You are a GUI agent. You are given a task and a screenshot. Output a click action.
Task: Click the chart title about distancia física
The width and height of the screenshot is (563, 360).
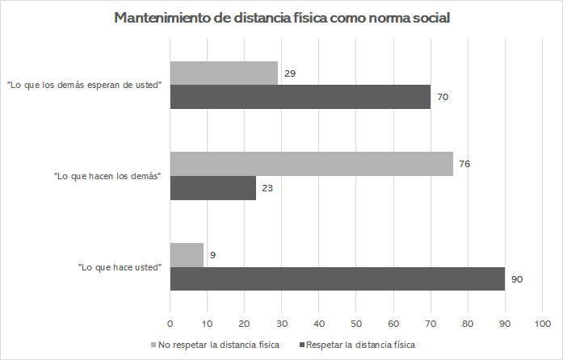pos(281,19)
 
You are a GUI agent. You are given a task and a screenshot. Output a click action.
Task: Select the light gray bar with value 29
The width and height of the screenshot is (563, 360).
pos(224,73)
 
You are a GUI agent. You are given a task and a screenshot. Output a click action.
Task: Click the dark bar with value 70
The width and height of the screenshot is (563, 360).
pos(300,97)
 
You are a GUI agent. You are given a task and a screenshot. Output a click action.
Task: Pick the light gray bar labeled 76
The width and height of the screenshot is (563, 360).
pos(311,164)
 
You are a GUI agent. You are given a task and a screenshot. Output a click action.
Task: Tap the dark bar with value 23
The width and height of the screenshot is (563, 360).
pos(213,188)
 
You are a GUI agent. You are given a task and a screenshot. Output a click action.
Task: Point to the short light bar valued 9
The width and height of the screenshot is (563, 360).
pos(187,255)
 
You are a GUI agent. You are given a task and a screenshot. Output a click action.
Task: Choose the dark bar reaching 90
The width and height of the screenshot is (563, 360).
pos(337,279)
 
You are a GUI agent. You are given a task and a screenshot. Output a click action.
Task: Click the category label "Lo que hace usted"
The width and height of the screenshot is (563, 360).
pos(120,267)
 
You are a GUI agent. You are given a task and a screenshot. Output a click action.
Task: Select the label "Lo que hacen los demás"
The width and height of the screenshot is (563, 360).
pos(107,176)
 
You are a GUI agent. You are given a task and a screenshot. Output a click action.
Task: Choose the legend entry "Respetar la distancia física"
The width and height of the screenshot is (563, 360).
pos(357,345)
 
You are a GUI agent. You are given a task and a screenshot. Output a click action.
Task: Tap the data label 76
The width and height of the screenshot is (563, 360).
pos(464,164)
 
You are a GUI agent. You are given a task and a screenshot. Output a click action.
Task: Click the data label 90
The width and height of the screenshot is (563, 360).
pos(517,279)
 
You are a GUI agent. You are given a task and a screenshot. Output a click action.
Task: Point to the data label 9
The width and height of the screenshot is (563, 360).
pos(212,255)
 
